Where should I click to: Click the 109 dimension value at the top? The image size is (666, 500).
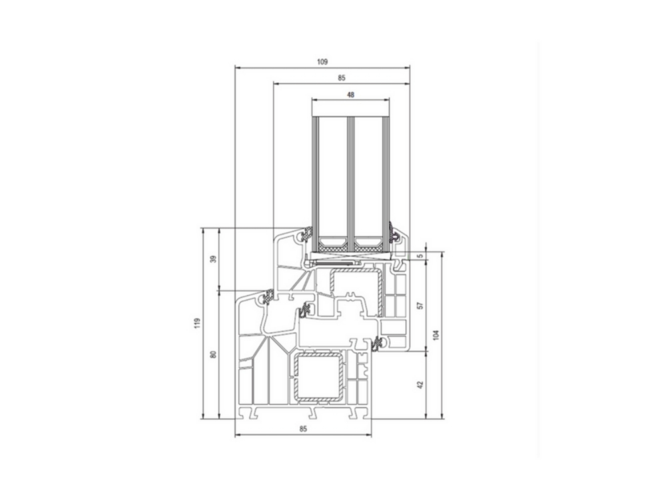(x=322, y=61)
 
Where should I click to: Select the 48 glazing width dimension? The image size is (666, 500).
(x=350, y=95)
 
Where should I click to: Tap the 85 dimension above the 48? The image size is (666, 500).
(x=341, y=78)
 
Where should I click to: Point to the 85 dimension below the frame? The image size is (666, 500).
(x=303, y=429)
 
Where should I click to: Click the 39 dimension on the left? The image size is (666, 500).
(x=213, y=259)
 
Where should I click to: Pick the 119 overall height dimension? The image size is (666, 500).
(x=196, y=324)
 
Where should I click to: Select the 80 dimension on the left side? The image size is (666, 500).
(x=213, y=355)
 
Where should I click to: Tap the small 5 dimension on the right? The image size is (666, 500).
(x=420, y=256)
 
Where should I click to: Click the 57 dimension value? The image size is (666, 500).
(x=420, y=305)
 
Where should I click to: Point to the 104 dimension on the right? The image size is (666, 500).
(x=437, y=335)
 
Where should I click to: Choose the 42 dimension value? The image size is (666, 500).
(x=420, y=385)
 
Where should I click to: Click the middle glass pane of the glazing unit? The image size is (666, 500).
(x=350, y=173)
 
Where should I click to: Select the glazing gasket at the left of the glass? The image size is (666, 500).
(x=307, y=235)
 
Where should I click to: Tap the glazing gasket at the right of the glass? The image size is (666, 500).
(x=394, y=235)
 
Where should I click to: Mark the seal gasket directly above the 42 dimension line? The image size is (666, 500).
(x=377, y=343)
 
